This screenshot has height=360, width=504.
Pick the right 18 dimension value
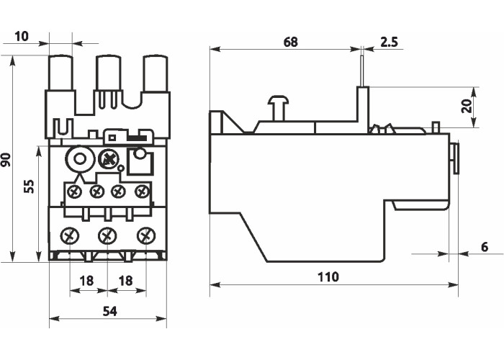pos(126,280)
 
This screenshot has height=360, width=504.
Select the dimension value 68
pos(290,42)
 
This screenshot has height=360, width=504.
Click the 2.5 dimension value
pos(390,42)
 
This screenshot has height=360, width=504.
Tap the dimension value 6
pos(485,247)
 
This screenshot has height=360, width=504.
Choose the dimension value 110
pos(328,276)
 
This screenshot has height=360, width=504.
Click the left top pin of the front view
pos(59,73)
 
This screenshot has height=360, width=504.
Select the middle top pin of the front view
pos(108,73)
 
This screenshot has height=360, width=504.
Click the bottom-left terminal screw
pos(70,235)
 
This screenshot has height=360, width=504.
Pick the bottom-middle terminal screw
pos(107,235)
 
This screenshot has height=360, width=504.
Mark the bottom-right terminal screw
pos(145,235)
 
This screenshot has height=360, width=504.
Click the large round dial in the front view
pos(78,158)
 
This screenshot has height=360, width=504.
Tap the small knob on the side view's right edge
pos(455,158)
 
